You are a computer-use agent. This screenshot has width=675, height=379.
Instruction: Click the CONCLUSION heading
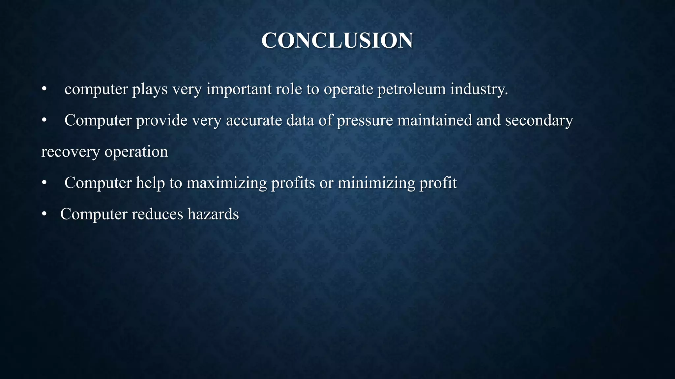tap(337, 41)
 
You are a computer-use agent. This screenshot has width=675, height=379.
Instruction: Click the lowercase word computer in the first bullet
tap(96, 89)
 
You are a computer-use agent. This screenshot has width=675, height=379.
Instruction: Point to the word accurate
tap(254, 120)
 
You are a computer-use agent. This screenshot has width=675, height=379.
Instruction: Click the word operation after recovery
tap(136, 152)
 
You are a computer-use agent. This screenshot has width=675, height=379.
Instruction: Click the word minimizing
tap(376, 183)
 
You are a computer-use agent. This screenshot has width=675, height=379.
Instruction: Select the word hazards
tap(213, 214)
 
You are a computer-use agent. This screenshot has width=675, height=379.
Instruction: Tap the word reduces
tap(157, 214)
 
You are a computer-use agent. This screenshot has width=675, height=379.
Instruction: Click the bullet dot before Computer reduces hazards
tap(44, 215)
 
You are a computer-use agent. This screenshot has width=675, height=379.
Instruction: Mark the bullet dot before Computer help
tap(44, 183)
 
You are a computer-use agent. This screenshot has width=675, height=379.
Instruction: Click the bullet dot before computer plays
tap(44, 89)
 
